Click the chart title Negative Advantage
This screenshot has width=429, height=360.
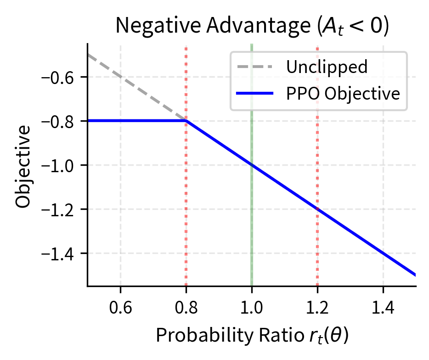pos(252,27)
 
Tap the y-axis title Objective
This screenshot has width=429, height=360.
pos(23,165)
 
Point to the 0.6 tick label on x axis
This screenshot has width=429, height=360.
pos(120,307)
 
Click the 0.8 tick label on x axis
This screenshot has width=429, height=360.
pos(186,307)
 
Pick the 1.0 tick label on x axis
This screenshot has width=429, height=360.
pos(252,307)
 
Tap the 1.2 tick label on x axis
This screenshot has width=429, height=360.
pos(317,307)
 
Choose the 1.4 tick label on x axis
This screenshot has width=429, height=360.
pos(383,307)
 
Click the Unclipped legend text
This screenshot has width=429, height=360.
pos(327,67)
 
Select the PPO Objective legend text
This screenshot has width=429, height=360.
pos(343,94)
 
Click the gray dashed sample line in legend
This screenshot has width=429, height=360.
pos(255,67)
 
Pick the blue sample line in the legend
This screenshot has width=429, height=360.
pos(255,94)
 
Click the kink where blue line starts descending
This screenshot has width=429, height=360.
pos(186,121)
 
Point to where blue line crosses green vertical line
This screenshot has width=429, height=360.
pos(252,165)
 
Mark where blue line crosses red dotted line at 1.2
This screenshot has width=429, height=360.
pos(317,209)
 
